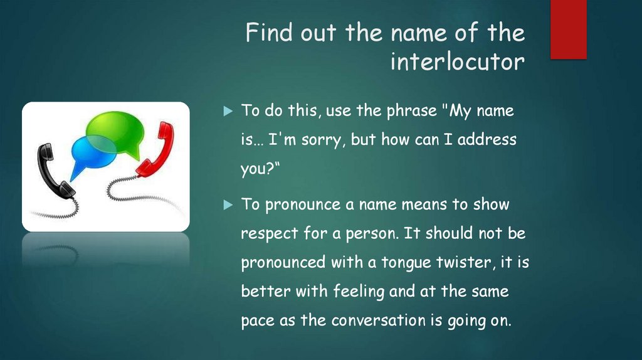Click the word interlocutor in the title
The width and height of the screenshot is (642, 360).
click(x=457, y=62)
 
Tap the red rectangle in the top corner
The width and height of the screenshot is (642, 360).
click(x=568, y=29)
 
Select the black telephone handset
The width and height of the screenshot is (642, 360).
click(x=53, y=170)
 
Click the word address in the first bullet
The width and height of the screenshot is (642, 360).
click(x=487, y=139)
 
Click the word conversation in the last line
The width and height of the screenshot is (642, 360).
click(x=378, y=320)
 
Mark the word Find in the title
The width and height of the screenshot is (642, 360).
click(x=268, y=33)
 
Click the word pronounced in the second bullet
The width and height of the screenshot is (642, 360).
click(x=283, y=263)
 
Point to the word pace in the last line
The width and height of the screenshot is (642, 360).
click(x=258, y=320)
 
